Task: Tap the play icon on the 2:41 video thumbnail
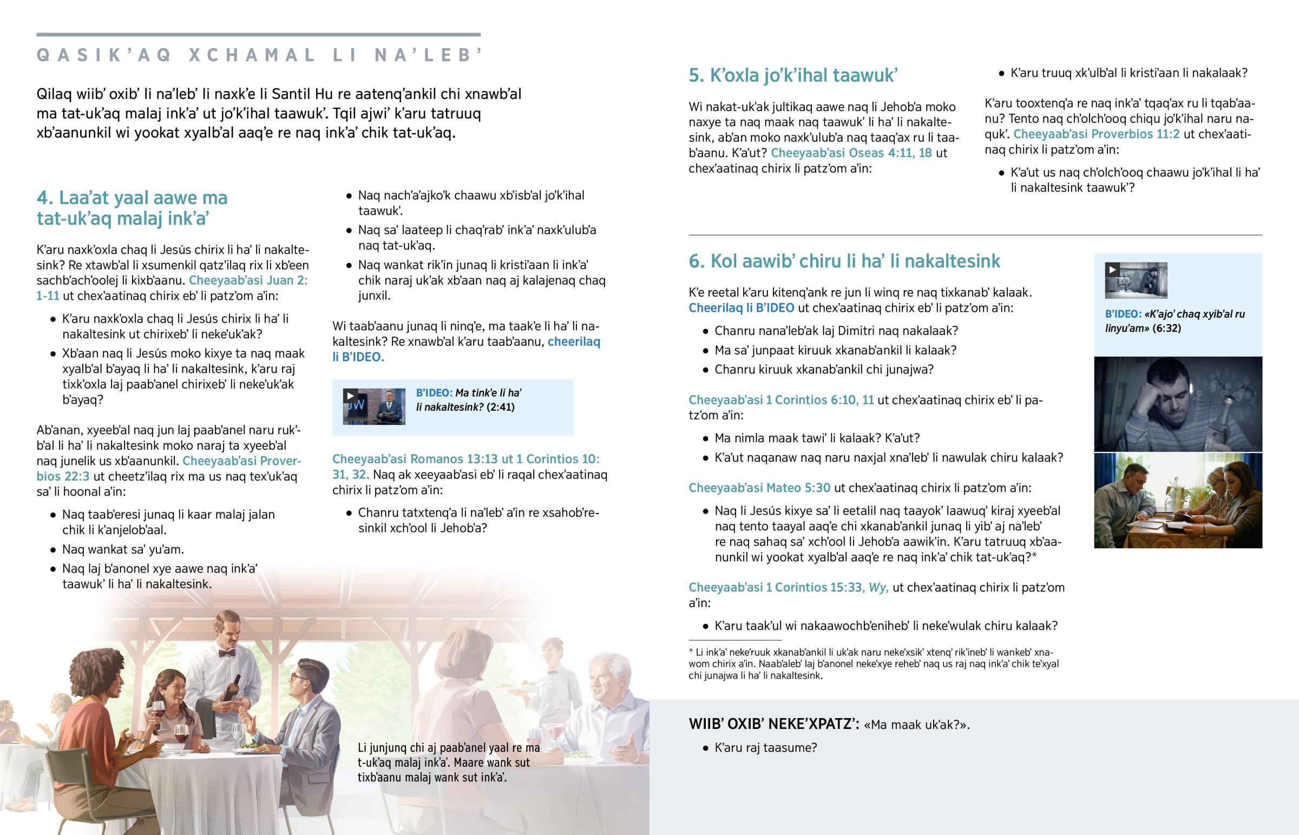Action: [x=350, y=396]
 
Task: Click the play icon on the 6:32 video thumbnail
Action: [x=1112, y=269]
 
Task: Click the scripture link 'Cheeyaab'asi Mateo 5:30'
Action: [x=759, y=488]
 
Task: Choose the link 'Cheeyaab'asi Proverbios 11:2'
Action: [x=1096, y=134]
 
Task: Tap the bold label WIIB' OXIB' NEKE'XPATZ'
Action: [x=773, y=724]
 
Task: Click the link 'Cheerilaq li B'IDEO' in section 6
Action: [x=741, y=308]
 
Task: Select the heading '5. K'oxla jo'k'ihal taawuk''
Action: [x=792, y=75]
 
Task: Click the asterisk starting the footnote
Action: [x=691, y=652]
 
